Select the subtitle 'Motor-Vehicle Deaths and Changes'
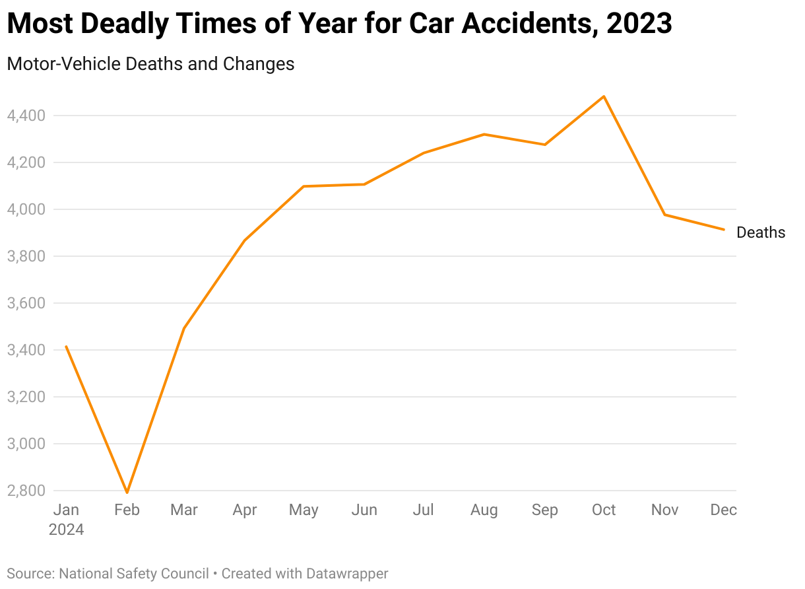click(150, 64)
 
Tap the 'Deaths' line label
click(761, 232)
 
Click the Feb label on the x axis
click(127, 510)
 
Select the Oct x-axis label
click(604, 510)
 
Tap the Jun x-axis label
click(364, 510)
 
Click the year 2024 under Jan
click(66, 530)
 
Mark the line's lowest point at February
click(127, 493)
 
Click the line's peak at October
click(604, 96)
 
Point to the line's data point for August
click(484, 134)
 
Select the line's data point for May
click(304, 186)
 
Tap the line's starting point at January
click(66, 346)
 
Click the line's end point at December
click(724, 230)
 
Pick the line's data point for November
click(664, 215)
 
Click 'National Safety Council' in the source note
click(134, 573)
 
